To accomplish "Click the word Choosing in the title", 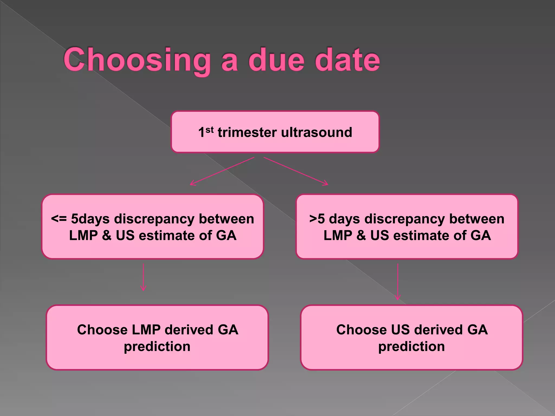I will coord(137,60).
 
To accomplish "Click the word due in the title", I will coord(276,60).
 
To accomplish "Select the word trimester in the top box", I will coord(247,133).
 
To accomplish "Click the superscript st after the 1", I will coord(209,130).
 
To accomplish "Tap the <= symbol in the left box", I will coord(59,219).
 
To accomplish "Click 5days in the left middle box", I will coord(90,219).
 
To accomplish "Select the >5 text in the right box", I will coord(317,219).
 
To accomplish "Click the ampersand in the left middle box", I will coord(107,235).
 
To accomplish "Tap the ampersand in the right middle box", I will coord(361,235).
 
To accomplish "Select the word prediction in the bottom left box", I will coord(157,347).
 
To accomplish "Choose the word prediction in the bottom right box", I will coord(411,347).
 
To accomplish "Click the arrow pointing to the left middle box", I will coord(222,171).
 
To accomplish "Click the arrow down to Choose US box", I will coord(398,282).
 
